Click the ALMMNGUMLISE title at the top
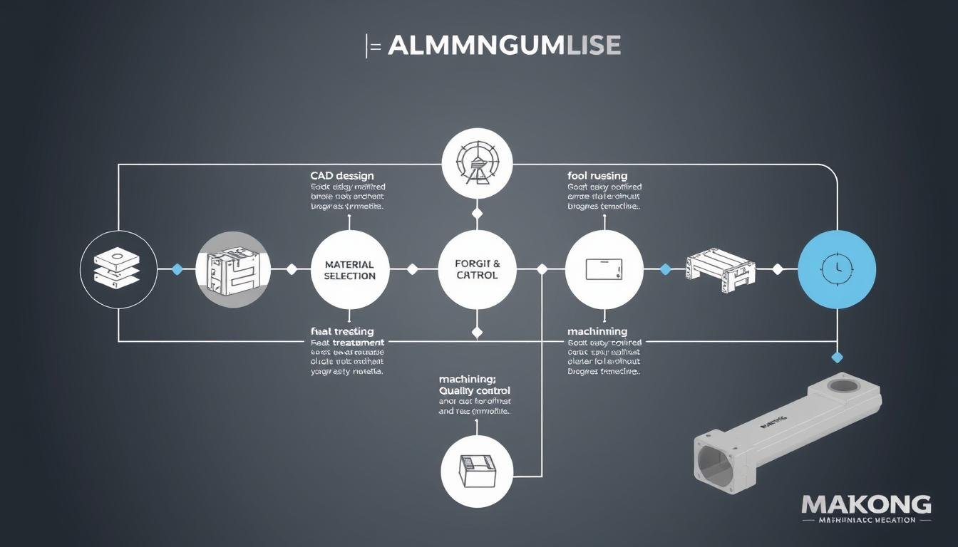503,46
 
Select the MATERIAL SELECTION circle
349,269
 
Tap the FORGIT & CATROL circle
477,269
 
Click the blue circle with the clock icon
836,269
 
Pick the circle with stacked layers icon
118,269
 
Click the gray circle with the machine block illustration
233,269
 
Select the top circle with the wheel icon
477,164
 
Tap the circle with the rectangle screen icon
604,269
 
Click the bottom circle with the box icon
476,471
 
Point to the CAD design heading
341,175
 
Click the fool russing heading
597,175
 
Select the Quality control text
475,390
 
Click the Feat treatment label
342,343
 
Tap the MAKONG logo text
866,505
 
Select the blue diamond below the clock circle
837,357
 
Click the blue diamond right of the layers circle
177,269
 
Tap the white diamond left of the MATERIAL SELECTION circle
291,269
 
